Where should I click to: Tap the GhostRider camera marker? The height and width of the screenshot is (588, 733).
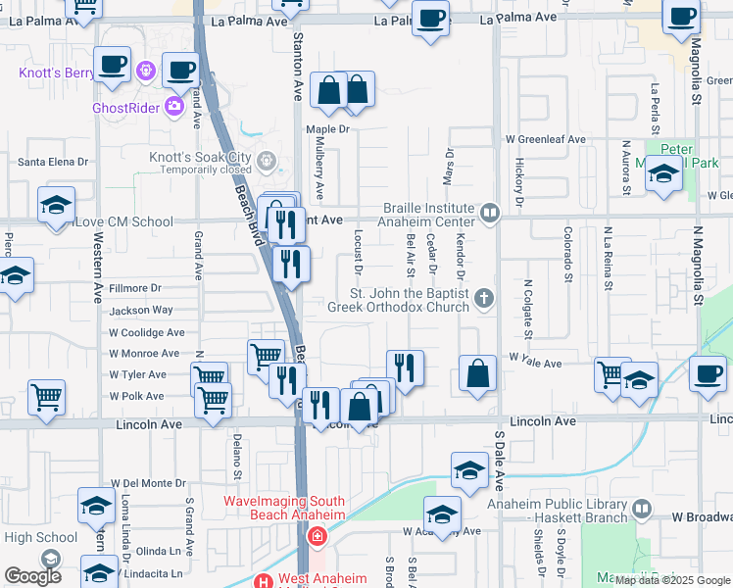tap(175, 107)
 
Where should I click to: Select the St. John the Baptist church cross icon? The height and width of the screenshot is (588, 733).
tap(483, 298)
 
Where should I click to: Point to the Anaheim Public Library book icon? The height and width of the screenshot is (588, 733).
tap(641, 510)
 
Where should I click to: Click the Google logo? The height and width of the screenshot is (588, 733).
tap(32, 576)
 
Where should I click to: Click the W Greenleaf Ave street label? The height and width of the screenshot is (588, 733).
tap(545, 140)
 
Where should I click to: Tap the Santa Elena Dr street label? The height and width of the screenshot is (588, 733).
tap(54, 162)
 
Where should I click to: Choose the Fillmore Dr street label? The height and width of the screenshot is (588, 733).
tap(134, 288)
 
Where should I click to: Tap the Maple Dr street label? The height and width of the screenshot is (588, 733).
tap(327, 129)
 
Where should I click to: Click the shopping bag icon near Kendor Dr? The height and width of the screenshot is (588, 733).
tap(477, 373)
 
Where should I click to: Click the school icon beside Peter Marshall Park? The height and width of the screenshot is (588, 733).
tap(663, 173)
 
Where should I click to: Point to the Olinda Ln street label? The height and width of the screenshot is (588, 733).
tap(160, 551)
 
